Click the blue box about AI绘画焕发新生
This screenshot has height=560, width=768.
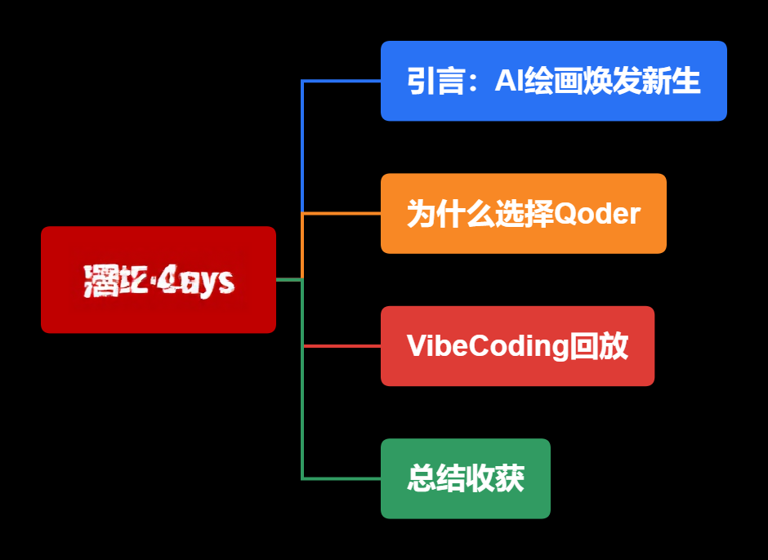pos(553,81)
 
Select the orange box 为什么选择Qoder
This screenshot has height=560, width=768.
pos(523,214)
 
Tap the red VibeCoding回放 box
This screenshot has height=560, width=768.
pos(517,346)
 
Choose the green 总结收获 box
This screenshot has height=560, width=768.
pos(465,478)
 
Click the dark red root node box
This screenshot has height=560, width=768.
pos(159,279)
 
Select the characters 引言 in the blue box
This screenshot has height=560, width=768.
pos(436,81)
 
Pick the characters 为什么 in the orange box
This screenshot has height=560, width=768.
pos(450,214)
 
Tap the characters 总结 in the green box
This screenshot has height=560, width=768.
pos(436,478)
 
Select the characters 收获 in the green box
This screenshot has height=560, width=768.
pos(495,478)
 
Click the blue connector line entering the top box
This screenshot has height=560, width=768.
pos(343,81)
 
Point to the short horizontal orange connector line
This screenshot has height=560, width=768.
pos(343,214)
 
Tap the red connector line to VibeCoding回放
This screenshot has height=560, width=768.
pos(343,346)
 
